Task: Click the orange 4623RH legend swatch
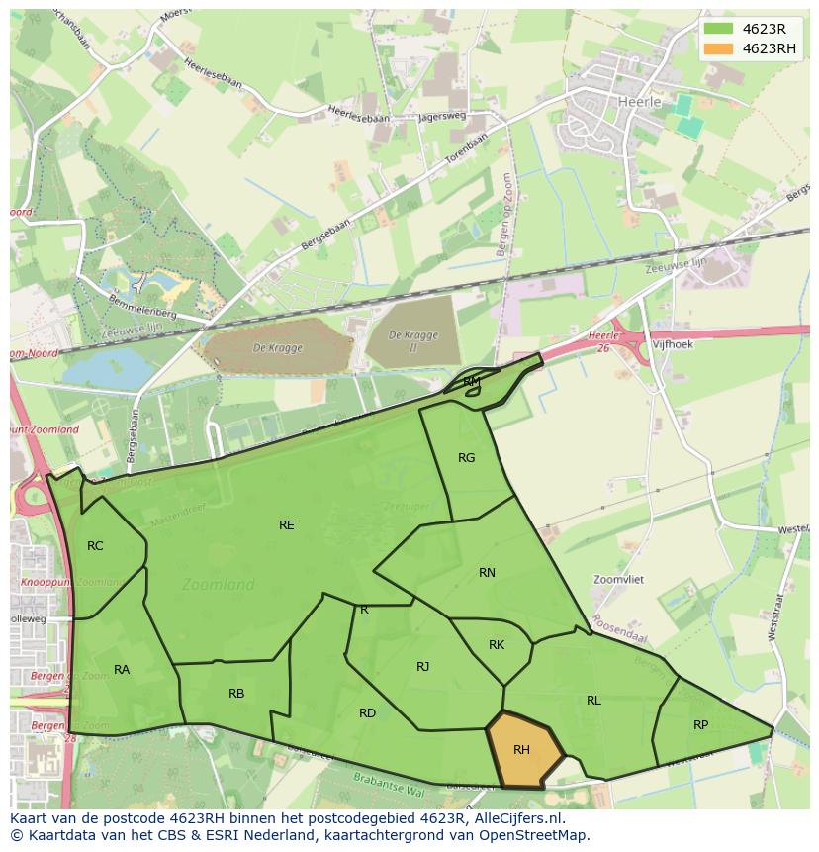(x=719, y=48)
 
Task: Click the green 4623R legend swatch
(x=719, y=29)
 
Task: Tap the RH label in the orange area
(x=521, y=750)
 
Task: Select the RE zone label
(x=286, y=525)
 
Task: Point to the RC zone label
(x=95, y=546)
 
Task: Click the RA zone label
(x=122, y=670)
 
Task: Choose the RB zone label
(x=236, y=694)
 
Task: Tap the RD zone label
(x=367, y=713)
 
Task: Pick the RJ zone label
(x=422, y=667)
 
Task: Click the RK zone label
(x=497, y=645)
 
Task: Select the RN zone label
(x=487, y=573)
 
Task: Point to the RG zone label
(x=467, y=458)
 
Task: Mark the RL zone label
(x=593, y=701)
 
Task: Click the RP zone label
(x=700, y=725)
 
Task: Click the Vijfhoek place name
(x=673, y=345)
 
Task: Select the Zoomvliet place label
(x=618, y=580)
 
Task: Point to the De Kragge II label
(x=412, y=340)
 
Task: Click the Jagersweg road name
(x=441, y=117)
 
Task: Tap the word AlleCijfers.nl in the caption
(x=512, y=818)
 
